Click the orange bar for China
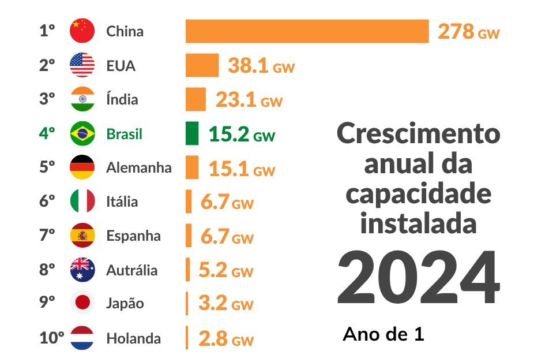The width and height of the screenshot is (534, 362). (x=307, y=31)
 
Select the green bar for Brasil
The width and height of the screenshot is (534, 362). (x=192, y=133)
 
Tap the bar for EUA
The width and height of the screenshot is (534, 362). (x=202, y=65)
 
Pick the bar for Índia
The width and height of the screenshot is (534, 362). (x=195, y=99)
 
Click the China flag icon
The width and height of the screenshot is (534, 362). (x=82, y=31)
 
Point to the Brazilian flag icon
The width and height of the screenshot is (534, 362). (x=82, y=133)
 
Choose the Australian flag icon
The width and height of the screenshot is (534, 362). (x=82, y=270)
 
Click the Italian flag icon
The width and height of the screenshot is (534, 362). (x=82, y=201)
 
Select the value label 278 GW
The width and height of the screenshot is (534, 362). (x=468, y=32)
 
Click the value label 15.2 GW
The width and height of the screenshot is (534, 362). (x=242, y=135)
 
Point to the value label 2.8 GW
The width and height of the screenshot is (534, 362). (x=225, y=339)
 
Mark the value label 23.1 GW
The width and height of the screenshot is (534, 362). (x=249, y=100)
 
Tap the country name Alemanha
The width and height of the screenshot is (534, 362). (x=138, y=168)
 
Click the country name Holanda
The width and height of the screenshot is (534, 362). (x=133, y=338)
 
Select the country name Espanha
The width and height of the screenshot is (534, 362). (x=133, y=236)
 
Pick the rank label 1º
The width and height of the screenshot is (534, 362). (x=47, y=31)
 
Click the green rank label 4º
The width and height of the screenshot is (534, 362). (x=47, y=133)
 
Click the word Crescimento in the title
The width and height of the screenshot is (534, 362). (x=418, y=134)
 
